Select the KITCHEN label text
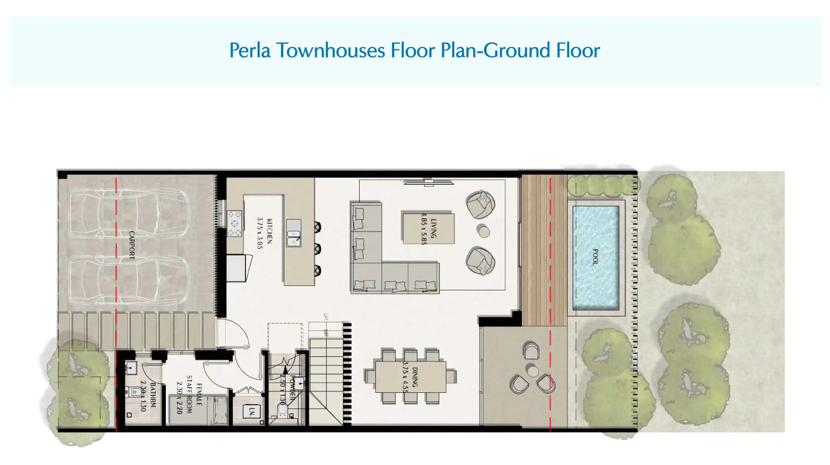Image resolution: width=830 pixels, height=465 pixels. (x=270, y=231)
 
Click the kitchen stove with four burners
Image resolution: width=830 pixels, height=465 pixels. (x=234, y=224)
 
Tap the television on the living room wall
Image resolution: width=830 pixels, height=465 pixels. (x=429, y=183)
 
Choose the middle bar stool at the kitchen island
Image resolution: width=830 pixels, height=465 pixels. (x=317, y=249)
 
